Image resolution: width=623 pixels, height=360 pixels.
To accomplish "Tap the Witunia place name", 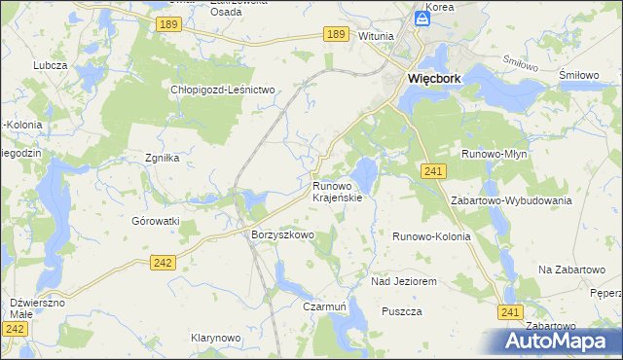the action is click(376, 36).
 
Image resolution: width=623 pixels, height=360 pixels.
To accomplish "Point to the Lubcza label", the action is click(49, 65).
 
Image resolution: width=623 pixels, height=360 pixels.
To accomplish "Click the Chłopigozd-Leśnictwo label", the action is click(224, 90).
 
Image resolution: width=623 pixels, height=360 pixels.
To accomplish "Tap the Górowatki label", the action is click(156, 221).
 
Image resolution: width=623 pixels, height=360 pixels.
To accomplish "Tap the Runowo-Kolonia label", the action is click(431, 236).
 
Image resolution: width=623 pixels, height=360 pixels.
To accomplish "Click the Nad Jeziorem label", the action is click(403, 281).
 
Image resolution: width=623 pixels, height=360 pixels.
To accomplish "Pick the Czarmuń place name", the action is click(325, 306).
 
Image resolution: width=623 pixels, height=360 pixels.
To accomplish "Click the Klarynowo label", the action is click(215, 338).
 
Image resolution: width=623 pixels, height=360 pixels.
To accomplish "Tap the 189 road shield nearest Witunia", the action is click(336, 34).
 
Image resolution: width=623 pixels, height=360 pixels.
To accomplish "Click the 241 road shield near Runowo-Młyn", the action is click(434, 171).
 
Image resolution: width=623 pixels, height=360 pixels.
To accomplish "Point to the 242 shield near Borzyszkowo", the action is click(163, 262).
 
